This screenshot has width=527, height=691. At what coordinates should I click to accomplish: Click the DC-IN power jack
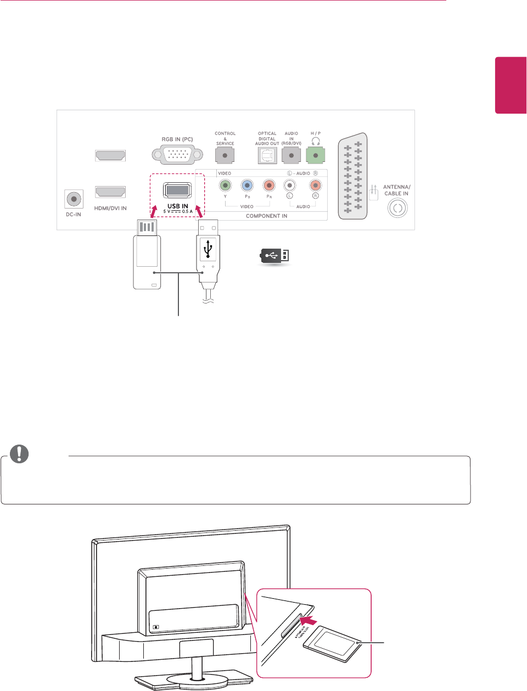point(74,199)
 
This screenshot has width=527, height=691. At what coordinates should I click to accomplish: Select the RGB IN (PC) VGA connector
point(177,155)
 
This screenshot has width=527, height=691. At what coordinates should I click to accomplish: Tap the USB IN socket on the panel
point(177,190)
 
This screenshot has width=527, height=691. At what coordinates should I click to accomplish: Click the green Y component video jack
point(225,186)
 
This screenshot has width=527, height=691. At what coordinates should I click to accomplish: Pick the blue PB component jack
point(247,186)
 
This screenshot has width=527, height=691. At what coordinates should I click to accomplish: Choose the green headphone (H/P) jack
point(315,155)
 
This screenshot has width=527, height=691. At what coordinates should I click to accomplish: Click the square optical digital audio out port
point(267,156)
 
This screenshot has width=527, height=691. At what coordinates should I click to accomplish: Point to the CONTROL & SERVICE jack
point(225,155)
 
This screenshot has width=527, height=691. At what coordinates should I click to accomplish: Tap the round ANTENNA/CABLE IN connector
point(397,209)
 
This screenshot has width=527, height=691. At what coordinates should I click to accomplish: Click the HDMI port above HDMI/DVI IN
point(110,192)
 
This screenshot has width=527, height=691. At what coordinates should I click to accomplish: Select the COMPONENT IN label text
point(266,216)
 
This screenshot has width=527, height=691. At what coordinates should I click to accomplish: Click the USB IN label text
point(178,206)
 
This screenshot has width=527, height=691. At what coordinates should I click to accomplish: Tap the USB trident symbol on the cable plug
point(208,249)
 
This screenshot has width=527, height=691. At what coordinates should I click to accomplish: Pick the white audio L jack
point(289,186)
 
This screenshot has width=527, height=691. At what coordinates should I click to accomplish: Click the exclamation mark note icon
point(19,453)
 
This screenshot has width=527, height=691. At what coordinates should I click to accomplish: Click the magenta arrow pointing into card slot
point(311,620)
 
